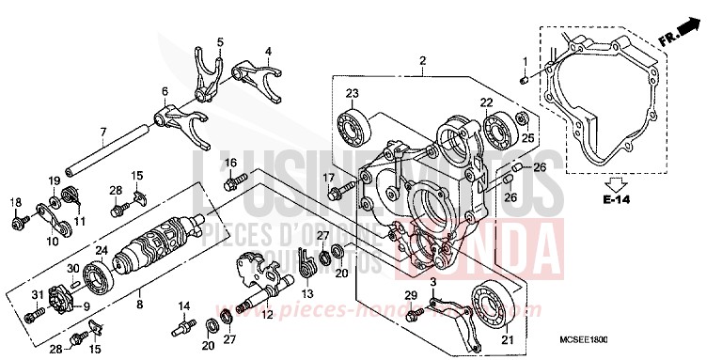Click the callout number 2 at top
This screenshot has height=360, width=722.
tap(423, 61)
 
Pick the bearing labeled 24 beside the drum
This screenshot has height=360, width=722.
tap(98, 276)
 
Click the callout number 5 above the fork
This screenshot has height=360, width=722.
tap(220, 42)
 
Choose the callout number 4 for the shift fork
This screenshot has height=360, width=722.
tap(268, 51)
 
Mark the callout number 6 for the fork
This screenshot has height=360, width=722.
tap(164, 92)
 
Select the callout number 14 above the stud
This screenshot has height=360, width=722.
tap(184, 305)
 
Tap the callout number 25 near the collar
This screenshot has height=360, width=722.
tap(527, 139)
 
